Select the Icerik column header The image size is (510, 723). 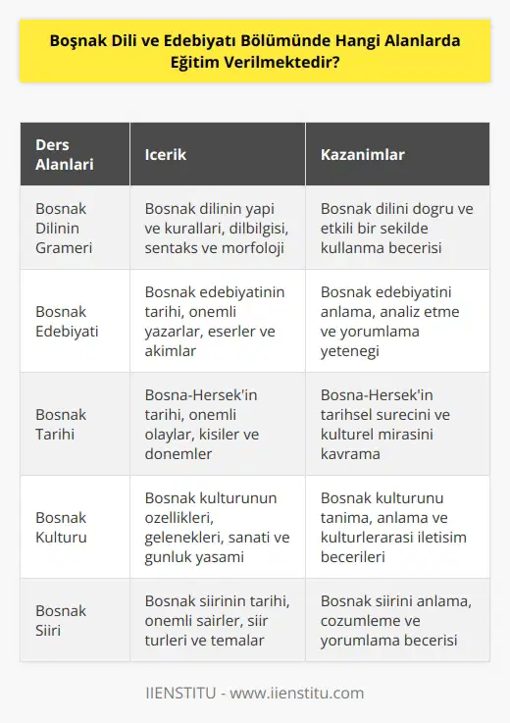(x=166, y=154)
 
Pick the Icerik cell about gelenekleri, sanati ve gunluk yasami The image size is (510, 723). (x=215, y=526)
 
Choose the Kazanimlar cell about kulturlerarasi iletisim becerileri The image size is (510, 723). (x=391, y=526)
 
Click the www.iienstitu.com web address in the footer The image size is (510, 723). (x=305, y=693)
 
